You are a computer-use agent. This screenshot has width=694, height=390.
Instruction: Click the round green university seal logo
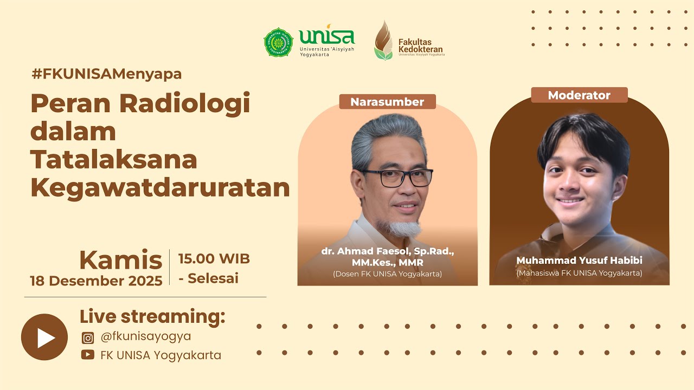tap(278, 43)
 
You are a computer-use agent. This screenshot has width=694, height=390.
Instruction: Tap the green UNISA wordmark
tap(326, 37)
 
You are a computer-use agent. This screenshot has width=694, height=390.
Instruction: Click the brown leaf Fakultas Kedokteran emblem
tap(383, 41)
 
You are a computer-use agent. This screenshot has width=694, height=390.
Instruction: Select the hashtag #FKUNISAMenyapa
tap(106, 74)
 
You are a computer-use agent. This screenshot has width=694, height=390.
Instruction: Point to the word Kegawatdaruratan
tap(160, 188)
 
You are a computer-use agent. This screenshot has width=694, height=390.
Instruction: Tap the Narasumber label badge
tap(387, 102)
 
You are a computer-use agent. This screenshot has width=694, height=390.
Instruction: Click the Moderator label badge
tap(579, 95)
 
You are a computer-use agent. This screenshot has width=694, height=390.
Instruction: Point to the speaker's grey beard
tap(400, 227)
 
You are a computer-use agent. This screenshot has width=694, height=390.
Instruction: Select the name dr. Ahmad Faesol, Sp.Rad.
tap(387, 252)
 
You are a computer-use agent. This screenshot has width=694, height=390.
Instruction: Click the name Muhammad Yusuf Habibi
tap(579, 261)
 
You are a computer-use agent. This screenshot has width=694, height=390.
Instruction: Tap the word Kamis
tap(120, 261)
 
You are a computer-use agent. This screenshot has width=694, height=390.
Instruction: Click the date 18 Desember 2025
tap(96, 281)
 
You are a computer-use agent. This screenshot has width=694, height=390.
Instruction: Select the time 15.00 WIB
tap(214, 259)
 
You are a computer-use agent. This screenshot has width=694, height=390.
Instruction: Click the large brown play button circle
tap(44, 337)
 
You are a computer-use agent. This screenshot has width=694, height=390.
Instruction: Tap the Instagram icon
tap(88, 338)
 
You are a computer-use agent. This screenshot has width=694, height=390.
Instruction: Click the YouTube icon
tap(88, 355)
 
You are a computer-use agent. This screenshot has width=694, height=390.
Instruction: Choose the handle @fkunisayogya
tap(146, 336)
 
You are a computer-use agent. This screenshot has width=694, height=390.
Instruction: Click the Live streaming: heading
tap(152, 316)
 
